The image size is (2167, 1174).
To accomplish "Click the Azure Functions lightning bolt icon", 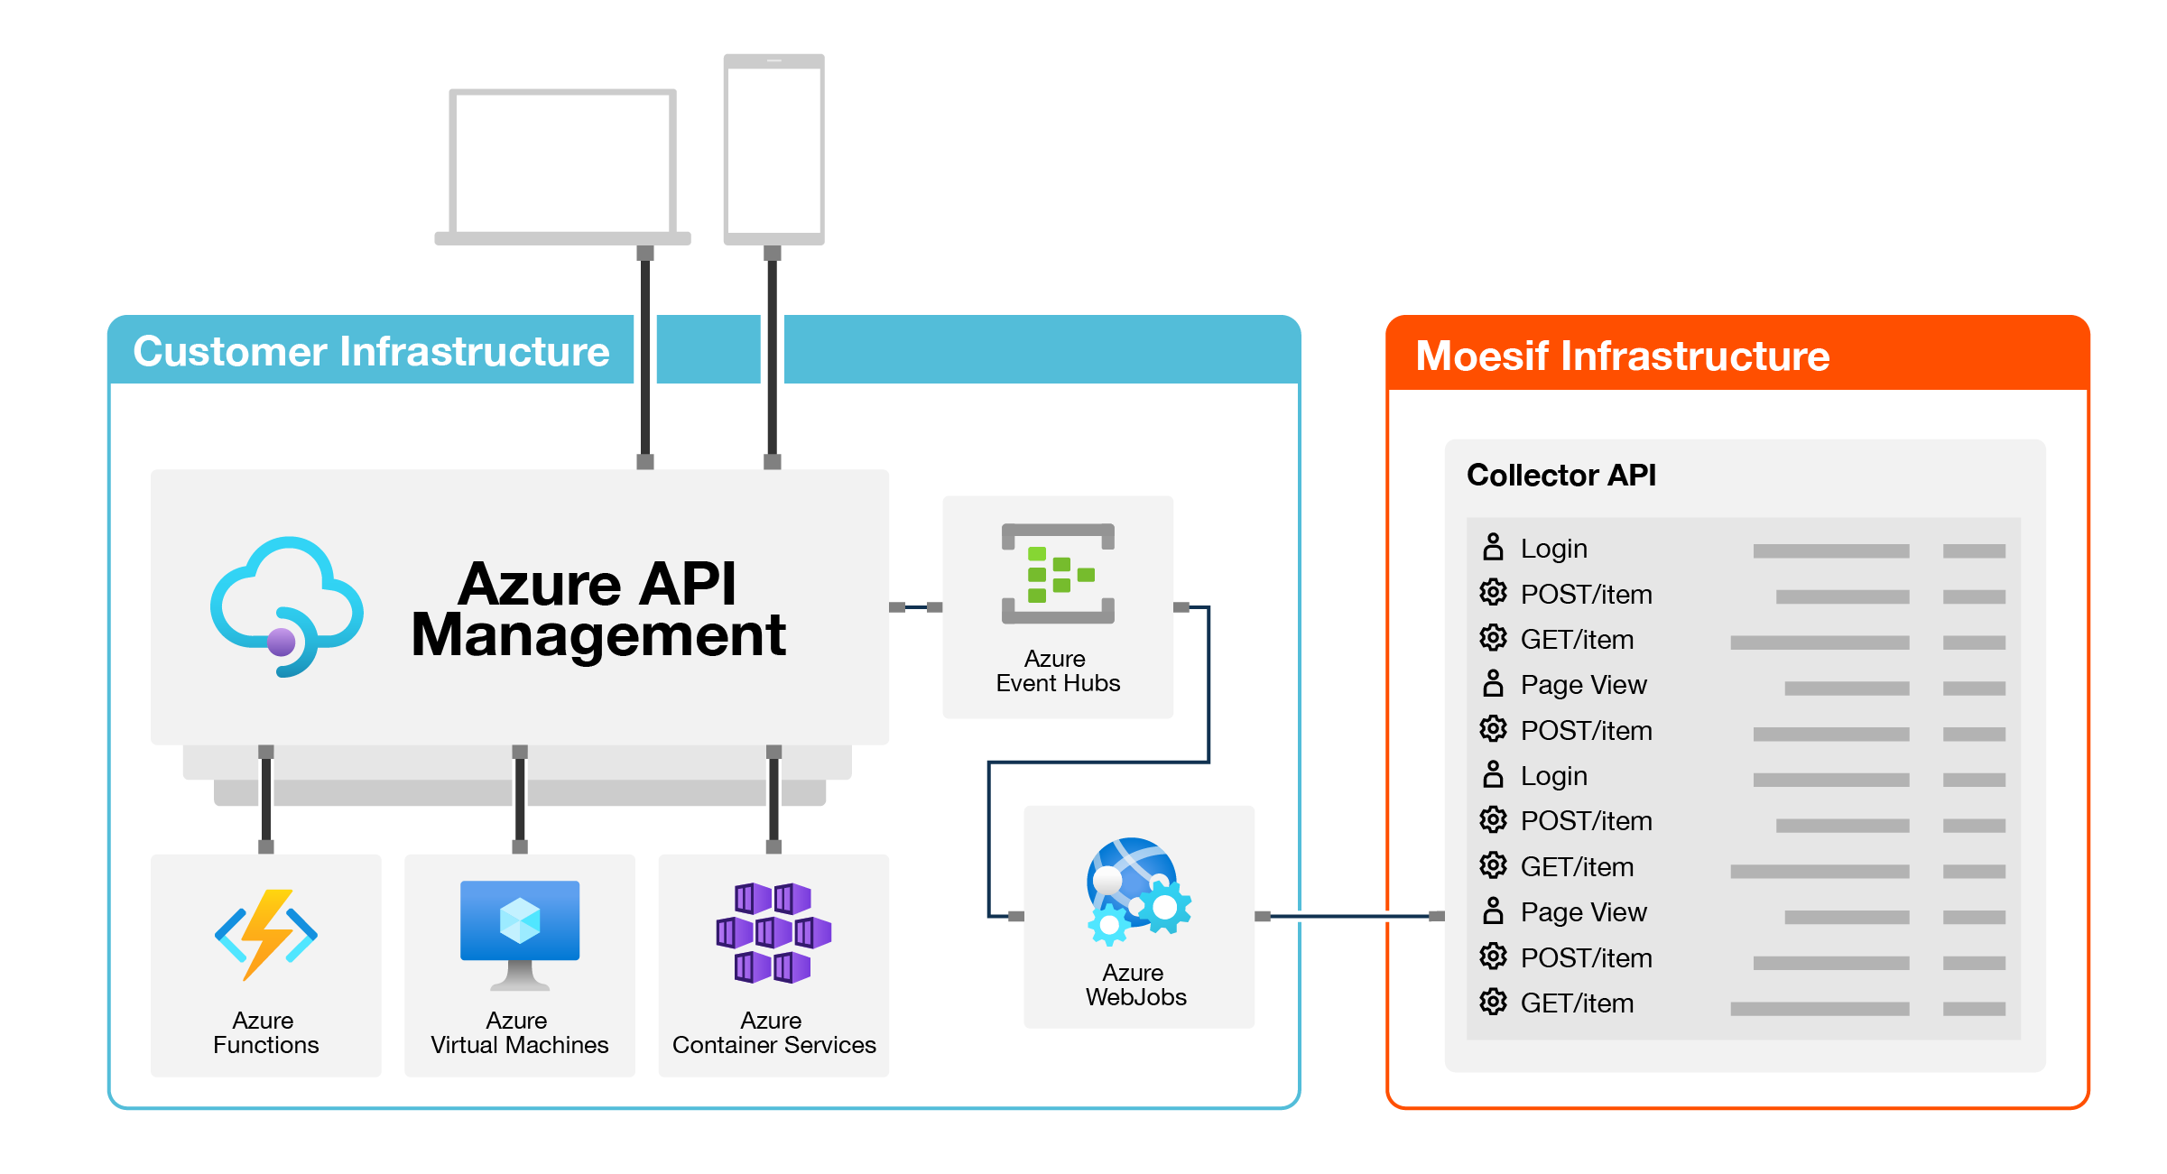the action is pyautogui.click(x=266, y=935).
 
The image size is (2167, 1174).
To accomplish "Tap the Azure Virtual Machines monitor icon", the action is pyautogui.click(x=520, y=935).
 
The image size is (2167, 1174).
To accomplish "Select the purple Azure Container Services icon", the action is pyautogui.click(x=773, y=933).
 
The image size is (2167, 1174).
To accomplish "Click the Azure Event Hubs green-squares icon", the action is pyautogui.click(x=1058, y=574).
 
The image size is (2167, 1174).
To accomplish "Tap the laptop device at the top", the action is pyautogui.click(x=563, y=167).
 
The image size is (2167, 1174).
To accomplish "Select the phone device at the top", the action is pyautogui.click(x=774, y=150).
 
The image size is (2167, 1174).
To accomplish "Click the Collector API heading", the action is pyautogui.click(x=1561, y=475).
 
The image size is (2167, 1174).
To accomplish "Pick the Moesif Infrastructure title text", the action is pyautogui.click(x=1623, y=356).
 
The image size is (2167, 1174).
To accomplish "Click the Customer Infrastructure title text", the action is pyautogui.click(x=372, y=351).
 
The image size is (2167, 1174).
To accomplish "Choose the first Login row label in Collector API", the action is pyautogui.click(x=1554, y=549).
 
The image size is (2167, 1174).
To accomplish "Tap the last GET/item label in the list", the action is pyautogui.click(x=1578, y=1003).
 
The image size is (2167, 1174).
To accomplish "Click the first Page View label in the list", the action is pyautogui.click(x=1584, y=685).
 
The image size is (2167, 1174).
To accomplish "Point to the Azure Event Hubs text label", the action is pyautogui.click(x=1058, y=670).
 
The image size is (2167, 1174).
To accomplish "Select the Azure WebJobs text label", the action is pyautogui.click(x=1136, y=984).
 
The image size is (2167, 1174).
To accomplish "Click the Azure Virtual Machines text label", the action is pyautogui.click(x=520, y=1032).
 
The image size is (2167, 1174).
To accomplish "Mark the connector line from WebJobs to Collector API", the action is pyautogui.click(x=1350, y=917).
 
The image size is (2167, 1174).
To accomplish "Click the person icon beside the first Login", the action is pyautogui.click(x=1494, y=547).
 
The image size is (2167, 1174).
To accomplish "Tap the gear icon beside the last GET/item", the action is pyautogui.click(x=1494, y=1002).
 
